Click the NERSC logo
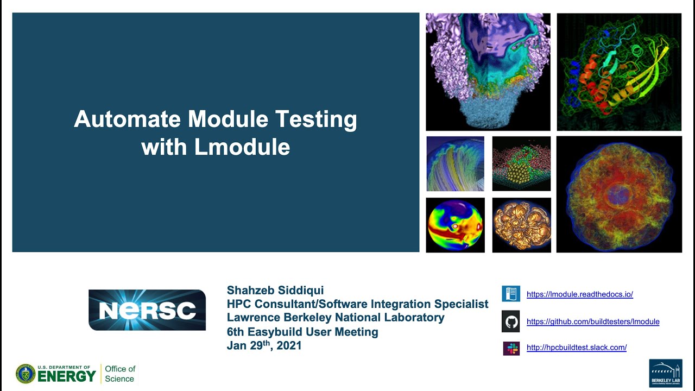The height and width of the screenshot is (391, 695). [x=147, y=310]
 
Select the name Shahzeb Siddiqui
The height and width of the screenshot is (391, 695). [x=275, y=291]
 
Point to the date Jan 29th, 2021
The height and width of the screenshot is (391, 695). [x=264, y=345]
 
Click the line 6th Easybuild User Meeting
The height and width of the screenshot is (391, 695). [x=302, y=332]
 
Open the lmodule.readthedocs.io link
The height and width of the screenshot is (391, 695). [x=579, y=294]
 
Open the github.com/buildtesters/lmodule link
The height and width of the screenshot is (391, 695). [x=593, y=321]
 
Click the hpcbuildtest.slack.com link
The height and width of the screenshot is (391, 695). [x=576, y=348]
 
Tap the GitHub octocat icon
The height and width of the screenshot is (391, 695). [x=511, y=321]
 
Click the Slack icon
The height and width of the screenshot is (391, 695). [x=511, y=348]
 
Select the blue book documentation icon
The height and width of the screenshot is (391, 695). [x=511, y=294]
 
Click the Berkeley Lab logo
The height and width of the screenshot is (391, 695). [x=665, y=373]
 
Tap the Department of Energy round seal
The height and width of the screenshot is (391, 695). [x=25, y=374]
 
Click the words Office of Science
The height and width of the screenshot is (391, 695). [x=120, y=374]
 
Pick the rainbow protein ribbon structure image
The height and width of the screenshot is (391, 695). [x=619, y=72]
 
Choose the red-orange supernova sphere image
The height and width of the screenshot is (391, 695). [x=619, y=194]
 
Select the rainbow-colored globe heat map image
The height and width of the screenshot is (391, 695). [x=455, y=225]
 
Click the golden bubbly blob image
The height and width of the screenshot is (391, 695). [x=521, y=225]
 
